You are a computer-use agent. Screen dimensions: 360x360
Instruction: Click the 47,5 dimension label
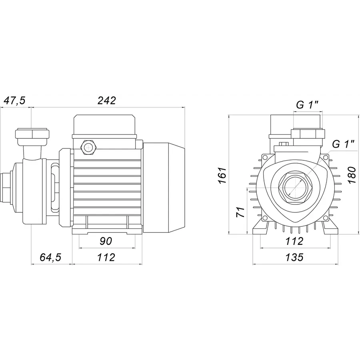pos(14,101)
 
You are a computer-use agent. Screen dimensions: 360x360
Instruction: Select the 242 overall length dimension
pos(107,101)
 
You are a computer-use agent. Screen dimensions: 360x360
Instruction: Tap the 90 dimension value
pos(106,241)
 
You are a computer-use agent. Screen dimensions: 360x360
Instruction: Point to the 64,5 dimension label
pos(50,258)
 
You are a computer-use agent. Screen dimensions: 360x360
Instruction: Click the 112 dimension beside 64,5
pos(106,258)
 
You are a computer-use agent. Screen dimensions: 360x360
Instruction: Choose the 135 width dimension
pos(295,258)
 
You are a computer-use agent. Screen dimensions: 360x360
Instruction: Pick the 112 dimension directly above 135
pos(295,241)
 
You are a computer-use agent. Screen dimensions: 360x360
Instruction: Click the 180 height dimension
pos(352,175)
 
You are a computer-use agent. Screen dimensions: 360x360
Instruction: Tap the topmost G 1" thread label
pos(307,105)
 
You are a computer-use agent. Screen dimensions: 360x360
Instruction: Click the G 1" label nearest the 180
pos(343,145)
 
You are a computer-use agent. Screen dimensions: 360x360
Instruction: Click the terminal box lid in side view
pos(104,125)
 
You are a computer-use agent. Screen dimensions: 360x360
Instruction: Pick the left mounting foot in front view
pos(262,230)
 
